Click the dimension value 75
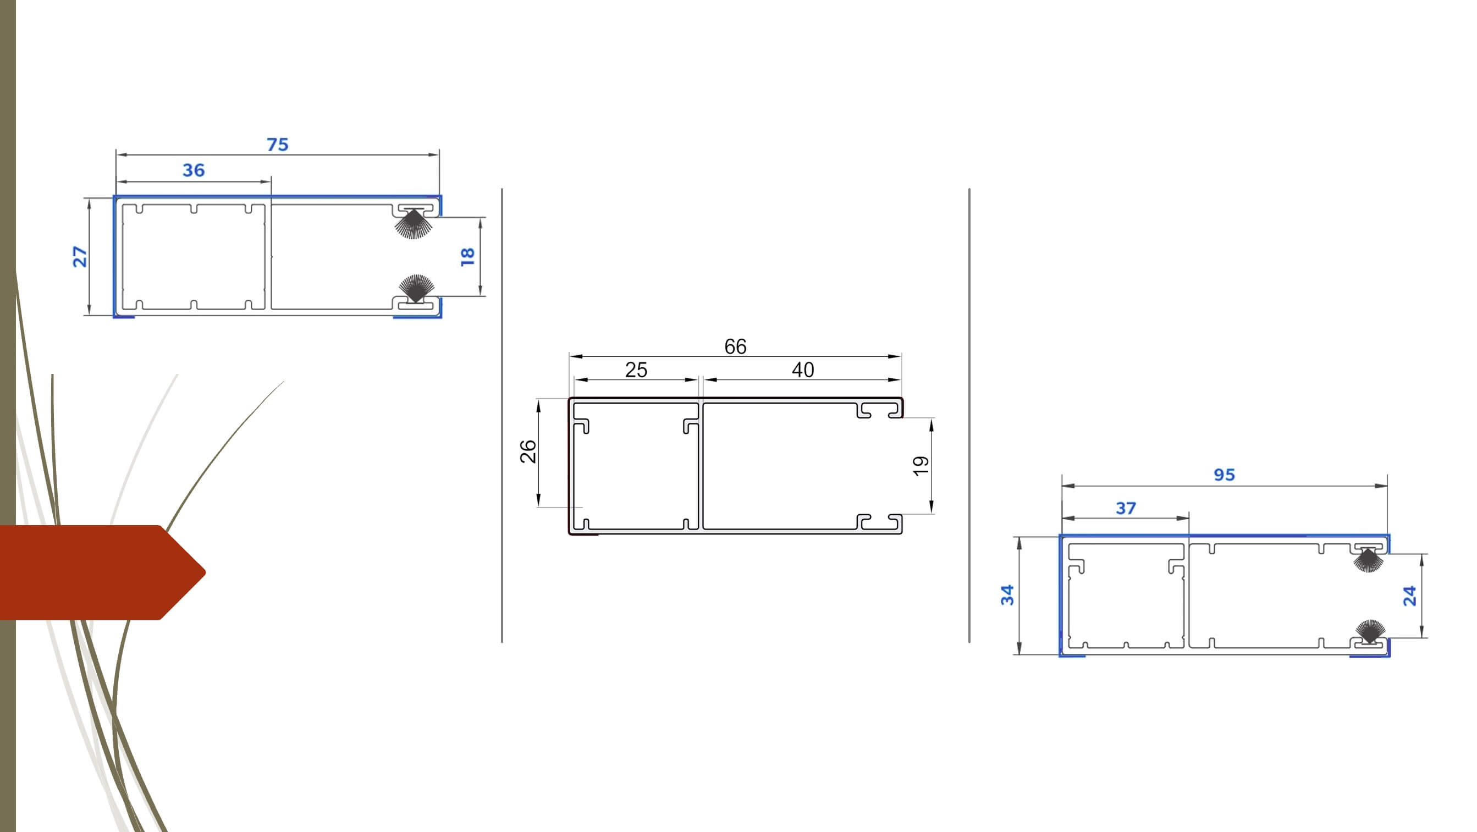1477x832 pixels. (278, 145)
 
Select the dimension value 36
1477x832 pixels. (194, 170)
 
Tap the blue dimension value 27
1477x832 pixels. (80, 256)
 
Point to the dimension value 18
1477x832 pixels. (467, 256)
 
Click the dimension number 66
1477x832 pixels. (735, 346)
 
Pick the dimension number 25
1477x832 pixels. (636, 370)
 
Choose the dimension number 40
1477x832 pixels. (803, 370)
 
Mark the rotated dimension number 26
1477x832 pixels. (528, 451)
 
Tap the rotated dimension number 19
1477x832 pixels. (921, 466)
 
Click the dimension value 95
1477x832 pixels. (1224, 475)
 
